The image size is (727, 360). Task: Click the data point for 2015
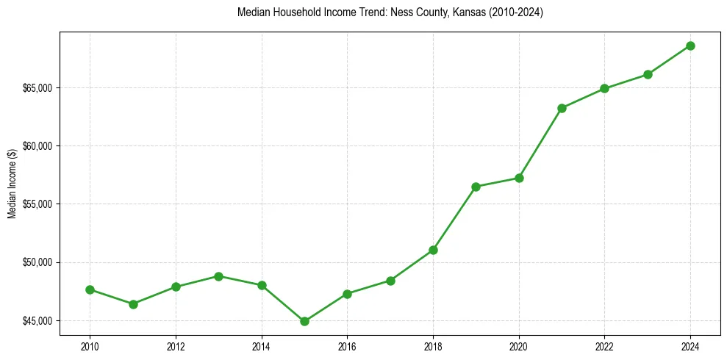click(304, 321)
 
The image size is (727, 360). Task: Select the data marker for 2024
click(690, 46)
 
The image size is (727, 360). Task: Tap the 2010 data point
click(90, 289)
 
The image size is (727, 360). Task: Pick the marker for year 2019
click(476, 187)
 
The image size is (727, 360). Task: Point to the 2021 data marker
click(562, 108)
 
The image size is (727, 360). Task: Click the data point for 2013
click(218, 276)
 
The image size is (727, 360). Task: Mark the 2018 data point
click(433, 250)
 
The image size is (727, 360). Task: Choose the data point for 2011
click(133, 304)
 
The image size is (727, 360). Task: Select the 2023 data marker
click(648, 74)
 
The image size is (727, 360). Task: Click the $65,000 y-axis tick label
click(38, 88)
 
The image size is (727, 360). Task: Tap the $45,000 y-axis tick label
click(38, 321)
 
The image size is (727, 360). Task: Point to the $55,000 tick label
click(38, 204)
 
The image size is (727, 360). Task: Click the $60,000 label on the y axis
click(38, 146)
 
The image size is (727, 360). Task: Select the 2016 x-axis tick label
click(347, 346)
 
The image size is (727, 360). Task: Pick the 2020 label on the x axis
click(519, 346)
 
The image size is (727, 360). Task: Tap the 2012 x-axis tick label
click(176, 346)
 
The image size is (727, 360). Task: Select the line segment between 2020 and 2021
click(540, 143)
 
